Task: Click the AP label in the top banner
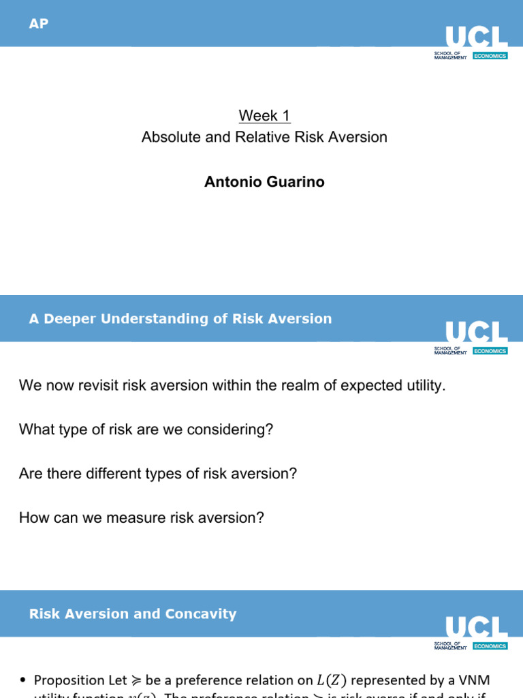click(39, 24)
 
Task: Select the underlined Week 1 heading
click(264, 115)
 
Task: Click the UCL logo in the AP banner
click(476, 37)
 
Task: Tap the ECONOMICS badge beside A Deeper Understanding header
click(490, 351)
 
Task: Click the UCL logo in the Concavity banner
click(476, 627)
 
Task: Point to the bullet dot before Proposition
click(24, 680)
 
